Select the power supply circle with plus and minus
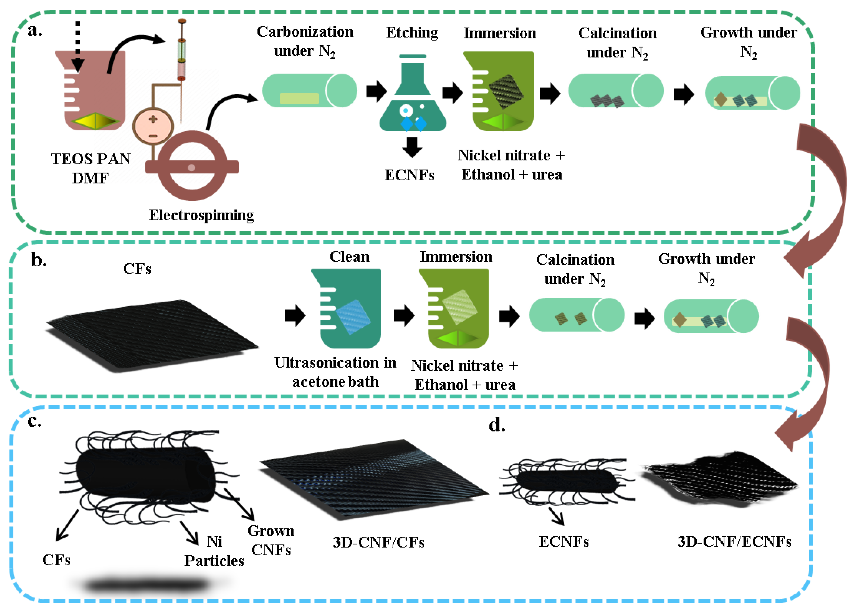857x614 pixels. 153,126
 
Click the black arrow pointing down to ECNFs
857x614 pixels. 412,147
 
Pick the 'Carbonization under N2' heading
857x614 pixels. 305,42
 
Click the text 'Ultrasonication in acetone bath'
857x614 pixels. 335,372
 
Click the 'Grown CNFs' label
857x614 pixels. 271,540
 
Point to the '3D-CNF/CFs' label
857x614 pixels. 379,543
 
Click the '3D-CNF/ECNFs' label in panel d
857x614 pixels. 734,541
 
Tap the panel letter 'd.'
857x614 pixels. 496,425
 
